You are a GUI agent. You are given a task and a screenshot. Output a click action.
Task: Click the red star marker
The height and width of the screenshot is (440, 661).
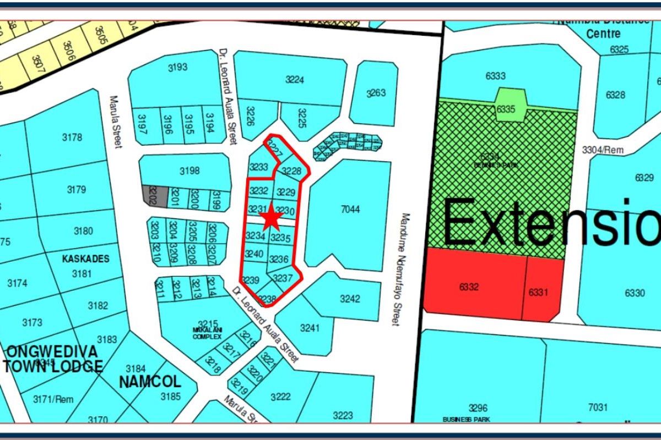click(271, 218)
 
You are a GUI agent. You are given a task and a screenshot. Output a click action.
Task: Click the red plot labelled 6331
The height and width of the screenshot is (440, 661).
click(538, 292)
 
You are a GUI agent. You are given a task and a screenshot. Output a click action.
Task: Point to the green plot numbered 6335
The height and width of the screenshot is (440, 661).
click(506, 108)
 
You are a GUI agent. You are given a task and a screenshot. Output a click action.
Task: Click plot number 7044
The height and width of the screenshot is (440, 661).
click(350, 209)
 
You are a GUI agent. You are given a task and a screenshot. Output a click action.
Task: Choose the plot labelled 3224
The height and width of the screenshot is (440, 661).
click(295, 80)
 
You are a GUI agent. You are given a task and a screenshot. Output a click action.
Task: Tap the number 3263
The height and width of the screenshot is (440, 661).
click(376, 92)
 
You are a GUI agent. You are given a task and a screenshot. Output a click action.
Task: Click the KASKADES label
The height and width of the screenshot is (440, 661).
click(86, 258)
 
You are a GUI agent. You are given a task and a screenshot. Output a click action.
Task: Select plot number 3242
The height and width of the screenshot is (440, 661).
click(350, 299)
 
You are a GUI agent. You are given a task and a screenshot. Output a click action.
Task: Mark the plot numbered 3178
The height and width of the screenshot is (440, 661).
click(73, 137)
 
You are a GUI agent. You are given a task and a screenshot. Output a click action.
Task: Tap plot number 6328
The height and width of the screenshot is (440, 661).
click(615, 95)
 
